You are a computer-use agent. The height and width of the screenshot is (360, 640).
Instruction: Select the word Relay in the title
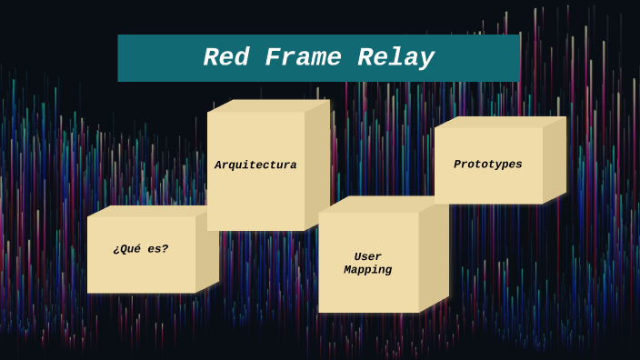[395, 58]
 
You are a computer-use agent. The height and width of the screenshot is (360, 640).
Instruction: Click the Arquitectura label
[255, 165]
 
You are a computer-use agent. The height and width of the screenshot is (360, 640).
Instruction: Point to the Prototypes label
[488, 165]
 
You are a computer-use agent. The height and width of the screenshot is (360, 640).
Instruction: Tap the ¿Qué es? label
[141, 249]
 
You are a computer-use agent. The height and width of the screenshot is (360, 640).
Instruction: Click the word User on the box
[368, 257]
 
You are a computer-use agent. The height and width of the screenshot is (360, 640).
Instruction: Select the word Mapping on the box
[368, 270]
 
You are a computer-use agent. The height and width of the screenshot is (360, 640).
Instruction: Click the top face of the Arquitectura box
[268, 105]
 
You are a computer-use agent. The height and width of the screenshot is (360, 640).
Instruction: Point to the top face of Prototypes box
[500, 122]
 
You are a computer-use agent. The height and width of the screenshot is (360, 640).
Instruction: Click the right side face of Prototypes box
[555, 159]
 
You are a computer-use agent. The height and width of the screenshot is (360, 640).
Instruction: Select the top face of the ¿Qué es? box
[150, 211]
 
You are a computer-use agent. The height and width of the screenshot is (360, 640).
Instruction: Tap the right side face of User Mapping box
[434, 256]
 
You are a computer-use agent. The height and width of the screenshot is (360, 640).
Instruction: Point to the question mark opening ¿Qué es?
[116, 250]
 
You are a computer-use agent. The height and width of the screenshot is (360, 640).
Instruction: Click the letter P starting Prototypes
[458, 165]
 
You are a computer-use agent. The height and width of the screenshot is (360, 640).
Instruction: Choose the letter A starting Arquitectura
[219, 165]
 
